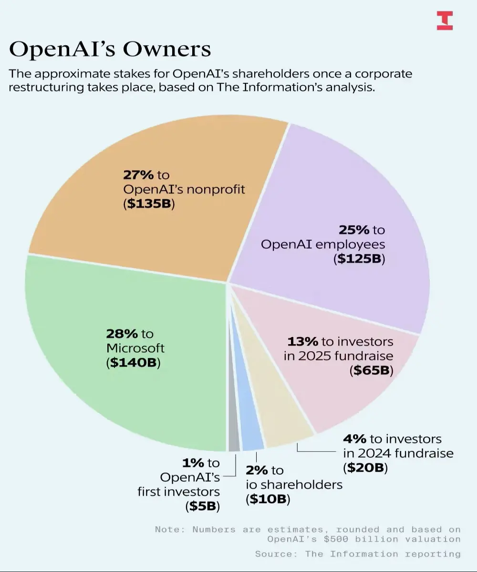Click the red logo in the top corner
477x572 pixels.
pos(445,20)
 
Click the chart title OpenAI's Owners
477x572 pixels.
pos(110,49)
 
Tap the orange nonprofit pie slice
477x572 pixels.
pos(154,192)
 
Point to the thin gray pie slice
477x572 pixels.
pos(234,428)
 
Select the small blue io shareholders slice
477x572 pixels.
pos(249,428)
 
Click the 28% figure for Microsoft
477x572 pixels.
pos(122,334)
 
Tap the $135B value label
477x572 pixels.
pos(149,204)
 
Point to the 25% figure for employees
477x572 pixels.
pos(354,230)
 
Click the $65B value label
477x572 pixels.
pos(372,370)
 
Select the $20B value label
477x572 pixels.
pos(365,468)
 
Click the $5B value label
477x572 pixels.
pos(203,506)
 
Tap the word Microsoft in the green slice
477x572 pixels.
pos(135,348)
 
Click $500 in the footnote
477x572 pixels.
pos(336,539)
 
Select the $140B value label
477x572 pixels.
pos(133,362)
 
